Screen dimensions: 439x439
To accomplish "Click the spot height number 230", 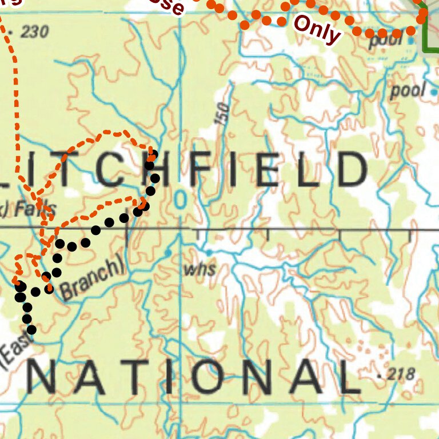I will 34,31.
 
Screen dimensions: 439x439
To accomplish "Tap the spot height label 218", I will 400,376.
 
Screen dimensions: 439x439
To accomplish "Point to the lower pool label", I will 408,90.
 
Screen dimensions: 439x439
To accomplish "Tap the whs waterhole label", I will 199,269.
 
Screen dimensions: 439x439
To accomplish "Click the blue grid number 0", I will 181,200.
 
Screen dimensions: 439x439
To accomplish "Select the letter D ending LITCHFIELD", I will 352,170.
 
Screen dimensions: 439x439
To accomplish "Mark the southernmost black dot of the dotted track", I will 32,330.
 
